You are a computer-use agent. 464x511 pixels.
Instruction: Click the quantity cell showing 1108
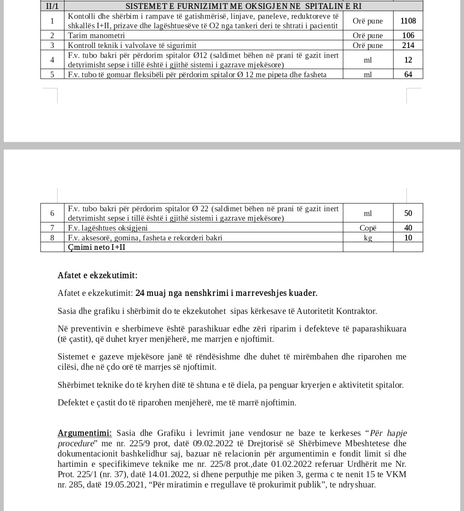point(408,21)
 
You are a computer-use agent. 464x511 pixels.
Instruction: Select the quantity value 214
point(408,45)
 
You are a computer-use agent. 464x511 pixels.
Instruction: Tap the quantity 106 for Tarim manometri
point(408,35)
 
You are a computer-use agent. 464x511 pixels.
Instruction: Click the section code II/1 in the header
point(52,6)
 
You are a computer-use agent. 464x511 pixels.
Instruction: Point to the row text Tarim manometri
point(96,35)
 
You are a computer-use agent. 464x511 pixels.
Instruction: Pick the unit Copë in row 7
point(368,228)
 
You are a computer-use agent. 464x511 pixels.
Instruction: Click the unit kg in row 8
point(368,238)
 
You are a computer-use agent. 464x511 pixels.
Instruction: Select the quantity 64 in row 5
point(408,75)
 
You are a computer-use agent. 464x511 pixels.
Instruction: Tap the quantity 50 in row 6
point(408,213)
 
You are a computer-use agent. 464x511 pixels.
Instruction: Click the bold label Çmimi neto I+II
point(97,247)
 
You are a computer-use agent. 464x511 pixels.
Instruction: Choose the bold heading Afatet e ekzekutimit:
point(98,275)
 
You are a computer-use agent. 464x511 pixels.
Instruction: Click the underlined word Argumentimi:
point(85,433)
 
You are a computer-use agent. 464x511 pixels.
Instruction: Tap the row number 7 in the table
point(52,228)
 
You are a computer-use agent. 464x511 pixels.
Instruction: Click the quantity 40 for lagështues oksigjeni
point(408,228)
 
